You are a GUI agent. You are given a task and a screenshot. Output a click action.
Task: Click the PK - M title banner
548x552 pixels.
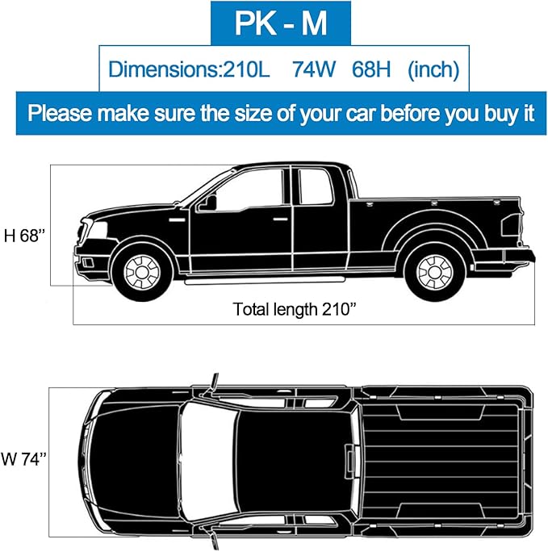280,24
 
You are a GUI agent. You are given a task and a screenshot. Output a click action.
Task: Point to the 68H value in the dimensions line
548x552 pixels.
371,70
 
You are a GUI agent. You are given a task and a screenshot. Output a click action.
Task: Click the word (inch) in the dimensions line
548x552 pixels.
433,70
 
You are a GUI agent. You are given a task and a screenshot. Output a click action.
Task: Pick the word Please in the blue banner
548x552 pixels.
65,112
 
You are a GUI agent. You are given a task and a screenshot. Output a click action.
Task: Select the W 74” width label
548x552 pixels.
23,460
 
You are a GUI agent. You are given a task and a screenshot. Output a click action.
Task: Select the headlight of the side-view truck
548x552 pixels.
91,229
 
